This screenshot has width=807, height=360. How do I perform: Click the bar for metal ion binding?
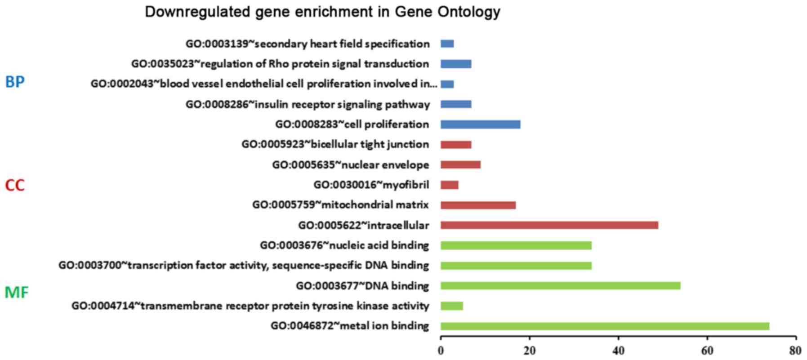[605, 326]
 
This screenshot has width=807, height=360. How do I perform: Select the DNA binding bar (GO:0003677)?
[560, 286]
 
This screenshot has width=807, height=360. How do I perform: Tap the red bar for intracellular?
[549, 225]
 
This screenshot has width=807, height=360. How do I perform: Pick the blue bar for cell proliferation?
[480, 124]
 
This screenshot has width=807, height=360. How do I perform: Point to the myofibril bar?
[449, 185]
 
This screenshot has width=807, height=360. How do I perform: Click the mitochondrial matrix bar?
[478, 205]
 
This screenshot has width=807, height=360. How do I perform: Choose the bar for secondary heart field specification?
[447, 44]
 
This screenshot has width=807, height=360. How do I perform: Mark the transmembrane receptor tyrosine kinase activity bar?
[451, 306]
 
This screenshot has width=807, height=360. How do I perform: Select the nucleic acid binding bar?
[516, 245]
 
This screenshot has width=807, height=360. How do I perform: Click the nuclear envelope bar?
[460, 165]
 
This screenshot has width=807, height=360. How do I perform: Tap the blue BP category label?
[15, 82]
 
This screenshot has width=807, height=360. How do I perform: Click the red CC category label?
[15, 185]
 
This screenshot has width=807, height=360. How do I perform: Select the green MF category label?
[17, 293]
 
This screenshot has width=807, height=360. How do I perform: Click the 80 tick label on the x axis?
[795, 351]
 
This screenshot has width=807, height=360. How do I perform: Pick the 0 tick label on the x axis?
[441, 351]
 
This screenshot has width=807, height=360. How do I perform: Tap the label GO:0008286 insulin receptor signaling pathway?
[308, 105]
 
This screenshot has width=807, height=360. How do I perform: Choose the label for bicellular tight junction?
[335, 144]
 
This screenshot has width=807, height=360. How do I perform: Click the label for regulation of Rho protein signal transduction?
[280, 64]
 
